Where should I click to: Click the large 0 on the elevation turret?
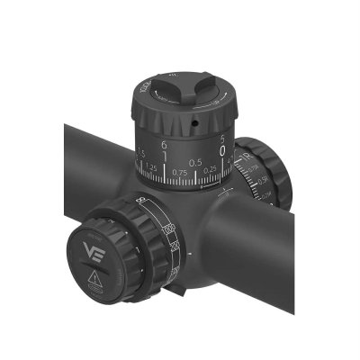pyautogui.click(x=221, y=153)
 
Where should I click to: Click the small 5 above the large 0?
pyautogui.click(x=221, y=139)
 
